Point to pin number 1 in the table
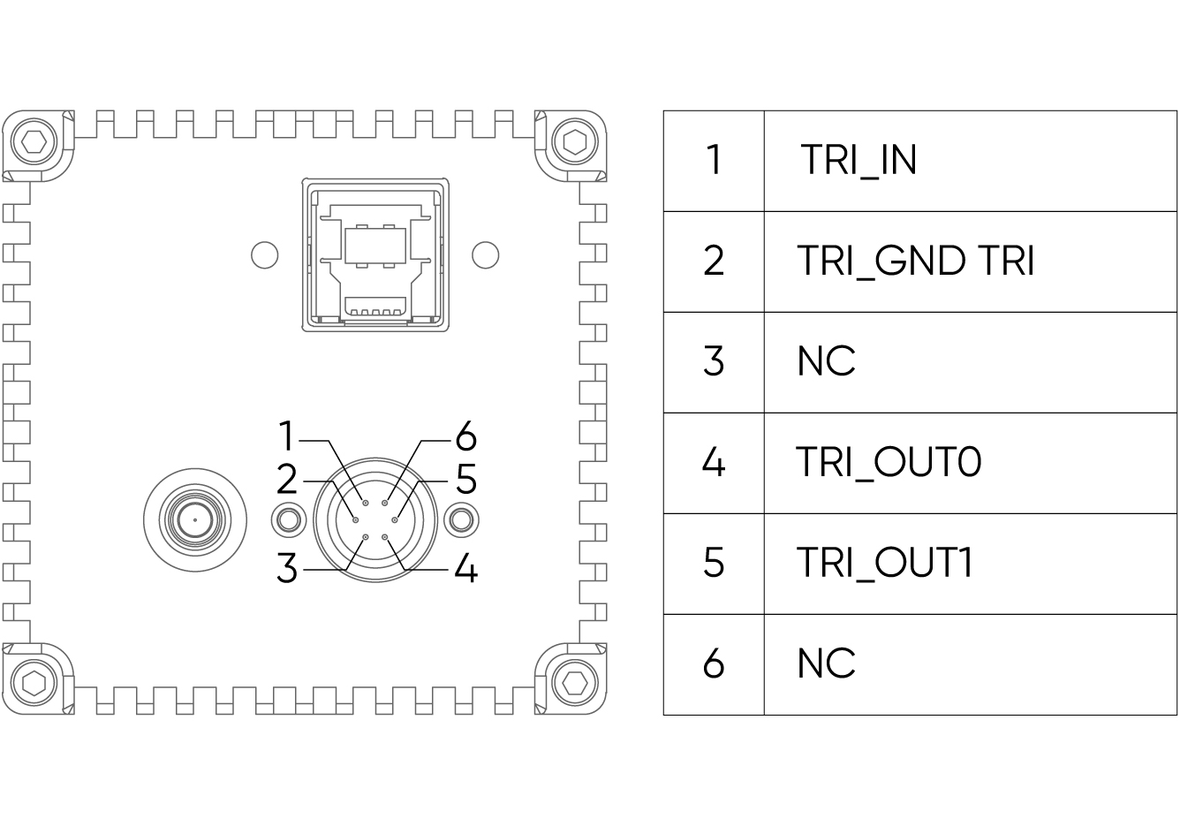coord(714,161)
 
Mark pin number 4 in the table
coord(714,462)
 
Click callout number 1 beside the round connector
coord(286,436)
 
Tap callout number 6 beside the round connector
coord(465,436)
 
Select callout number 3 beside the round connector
coord(287,568)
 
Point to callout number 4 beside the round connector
coord(465,568)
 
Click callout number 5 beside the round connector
coord(465,480)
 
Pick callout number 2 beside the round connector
coord(287,480)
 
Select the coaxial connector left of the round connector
coord(194,519)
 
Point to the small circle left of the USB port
coord(264,255)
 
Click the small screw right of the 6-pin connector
coord(460,519)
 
